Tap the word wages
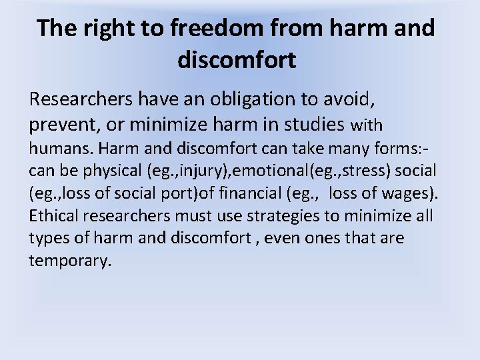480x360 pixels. (411, 193)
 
